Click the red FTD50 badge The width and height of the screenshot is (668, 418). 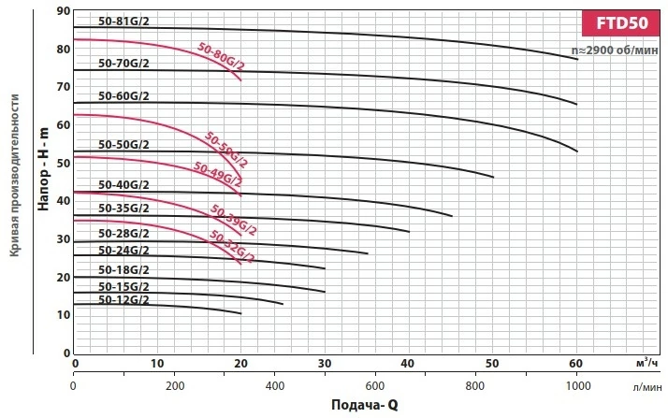621,23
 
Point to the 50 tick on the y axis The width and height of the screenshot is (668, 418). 63,163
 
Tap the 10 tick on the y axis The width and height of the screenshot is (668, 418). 63,315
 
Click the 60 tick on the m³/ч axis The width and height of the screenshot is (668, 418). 577,363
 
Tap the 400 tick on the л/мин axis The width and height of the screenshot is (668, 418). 276,384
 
